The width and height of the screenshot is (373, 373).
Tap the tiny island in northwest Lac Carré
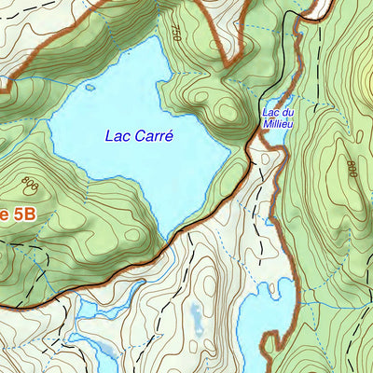(90, 89)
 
